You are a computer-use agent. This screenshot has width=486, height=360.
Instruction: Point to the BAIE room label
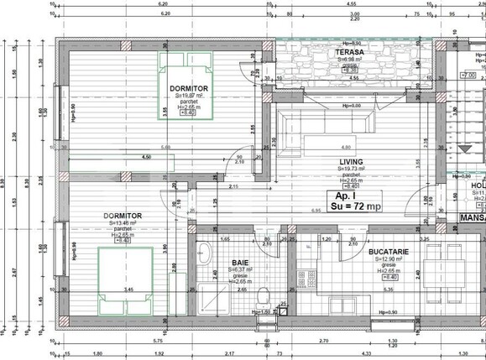pos(241,262)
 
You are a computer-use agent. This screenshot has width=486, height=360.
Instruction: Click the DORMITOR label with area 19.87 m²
pos(188,87)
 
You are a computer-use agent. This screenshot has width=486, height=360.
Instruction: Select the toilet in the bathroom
pos(264,295)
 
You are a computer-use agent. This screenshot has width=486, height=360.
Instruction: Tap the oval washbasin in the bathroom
pos(204,249)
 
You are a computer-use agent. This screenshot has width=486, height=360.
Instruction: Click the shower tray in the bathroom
pos(205,293)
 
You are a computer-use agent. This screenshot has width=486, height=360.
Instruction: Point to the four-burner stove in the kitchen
pos(308,274)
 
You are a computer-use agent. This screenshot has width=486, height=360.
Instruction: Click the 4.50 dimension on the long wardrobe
pos(146,156)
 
